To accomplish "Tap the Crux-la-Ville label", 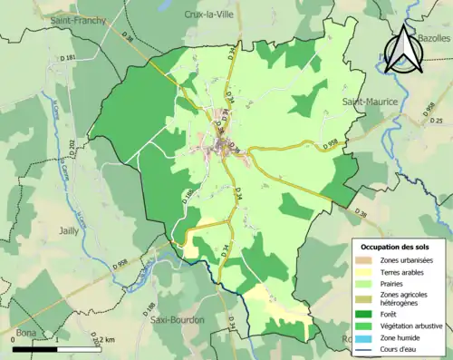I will [209, 15].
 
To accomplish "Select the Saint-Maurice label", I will [369, 102].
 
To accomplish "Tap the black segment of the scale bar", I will [36, 348].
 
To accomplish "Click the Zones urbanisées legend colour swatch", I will [365, 261].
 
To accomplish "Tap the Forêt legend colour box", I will [365, 315].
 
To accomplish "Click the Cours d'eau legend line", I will [365, 348].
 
